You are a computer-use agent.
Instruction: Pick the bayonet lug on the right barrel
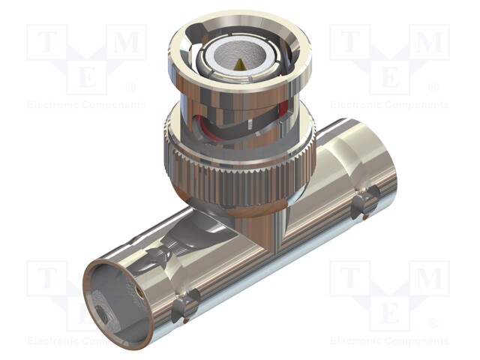365,200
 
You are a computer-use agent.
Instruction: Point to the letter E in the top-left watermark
87,76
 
